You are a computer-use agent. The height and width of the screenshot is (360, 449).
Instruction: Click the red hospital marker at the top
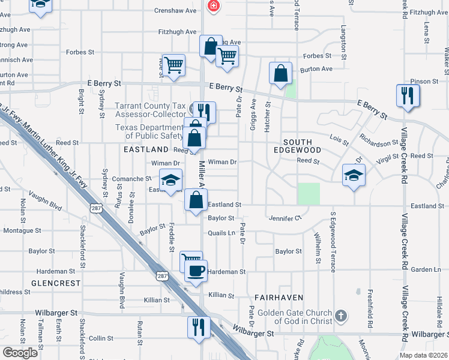point(212,7)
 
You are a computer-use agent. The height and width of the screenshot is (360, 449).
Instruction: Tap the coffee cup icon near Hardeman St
point(196,271)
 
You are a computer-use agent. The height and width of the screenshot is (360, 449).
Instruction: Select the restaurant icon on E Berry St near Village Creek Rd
point(408,95)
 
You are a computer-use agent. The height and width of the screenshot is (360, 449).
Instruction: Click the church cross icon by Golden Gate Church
point(340,315)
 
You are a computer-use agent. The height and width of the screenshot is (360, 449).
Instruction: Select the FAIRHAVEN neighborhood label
point(277,297)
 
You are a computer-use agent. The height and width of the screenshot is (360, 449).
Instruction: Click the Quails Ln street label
point(221,233)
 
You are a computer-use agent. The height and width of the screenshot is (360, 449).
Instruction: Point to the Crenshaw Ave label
point(175,11)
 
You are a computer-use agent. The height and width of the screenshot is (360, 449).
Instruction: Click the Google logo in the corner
point(20,353)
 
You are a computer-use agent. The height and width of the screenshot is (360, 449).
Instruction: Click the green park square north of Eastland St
point(309,193)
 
